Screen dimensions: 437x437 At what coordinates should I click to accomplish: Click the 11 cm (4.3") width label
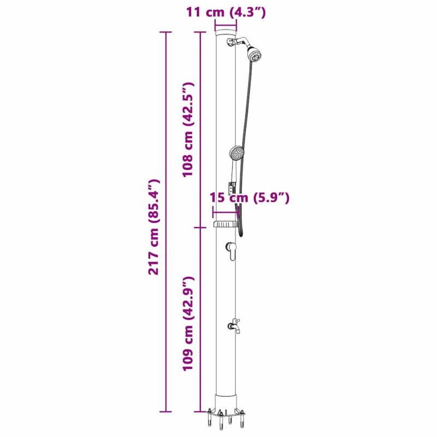pos(226,13)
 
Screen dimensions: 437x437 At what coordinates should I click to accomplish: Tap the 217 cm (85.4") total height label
pos(154,227)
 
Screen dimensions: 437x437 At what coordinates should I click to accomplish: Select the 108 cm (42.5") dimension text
pos(187,129)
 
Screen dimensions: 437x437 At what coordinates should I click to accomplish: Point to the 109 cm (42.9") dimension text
pos(187,323)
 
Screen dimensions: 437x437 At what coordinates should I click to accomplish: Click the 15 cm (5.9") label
pos(250,198)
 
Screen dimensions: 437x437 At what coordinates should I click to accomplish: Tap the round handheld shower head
pos(237,153)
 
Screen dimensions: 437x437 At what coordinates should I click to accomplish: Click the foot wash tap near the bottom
pos(234,326)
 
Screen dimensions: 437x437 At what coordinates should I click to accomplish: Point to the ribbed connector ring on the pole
pos(226,224)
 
